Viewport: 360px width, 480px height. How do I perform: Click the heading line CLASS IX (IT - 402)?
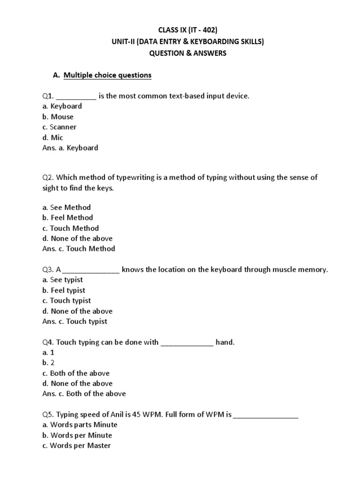[187, 31]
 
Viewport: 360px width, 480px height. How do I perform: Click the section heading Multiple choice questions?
[107, 75]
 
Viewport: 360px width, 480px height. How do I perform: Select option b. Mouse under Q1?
[58, 117]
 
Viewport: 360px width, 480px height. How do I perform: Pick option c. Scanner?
[59, 127]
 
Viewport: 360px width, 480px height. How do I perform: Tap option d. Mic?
[52, 137]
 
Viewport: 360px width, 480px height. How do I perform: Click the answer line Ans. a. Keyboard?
[70, 148]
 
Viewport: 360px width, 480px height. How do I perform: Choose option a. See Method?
[67, 207]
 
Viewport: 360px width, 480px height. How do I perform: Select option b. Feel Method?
[67, 217]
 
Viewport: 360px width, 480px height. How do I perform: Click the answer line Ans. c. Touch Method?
[78, 248]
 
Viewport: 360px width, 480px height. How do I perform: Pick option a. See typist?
[63, 280]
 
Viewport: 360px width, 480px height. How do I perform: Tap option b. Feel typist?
[64, 290]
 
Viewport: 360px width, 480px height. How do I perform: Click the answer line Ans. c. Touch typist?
[75, 321]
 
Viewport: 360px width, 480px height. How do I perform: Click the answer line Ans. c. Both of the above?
[84, 394]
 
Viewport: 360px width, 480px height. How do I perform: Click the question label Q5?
[48, 414]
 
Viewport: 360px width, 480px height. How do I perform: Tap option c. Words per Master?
[76, 445]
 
